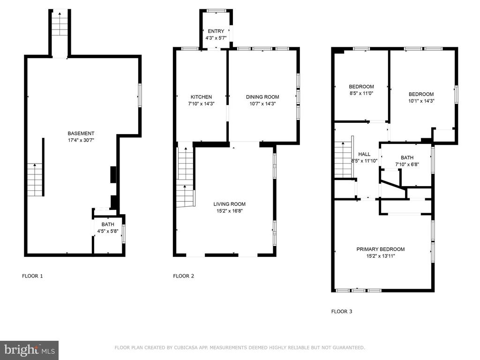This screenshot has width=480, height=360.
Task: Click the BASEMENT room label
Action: pos(81,134)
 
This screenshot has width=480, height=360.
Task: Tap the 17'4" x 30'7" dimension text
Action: pos(81,140)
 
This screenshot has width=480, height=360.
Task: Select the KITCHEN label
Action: pos(201,97)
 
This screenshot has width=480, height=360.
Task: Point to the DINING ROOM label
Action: pos(262,97)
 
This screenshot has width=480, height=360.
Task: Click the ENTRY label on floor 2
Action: pos(216,31)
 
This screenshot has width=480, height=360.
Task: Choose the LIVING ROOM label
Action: pos(230,204)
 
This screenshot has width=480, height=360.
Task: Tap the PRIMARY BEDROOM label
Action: pos(381,249)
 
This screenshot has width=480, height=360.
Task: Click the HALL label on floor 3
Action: pos(364,154)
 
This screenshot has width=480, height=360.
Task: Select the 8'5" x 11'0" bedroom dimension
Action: pos(361,93)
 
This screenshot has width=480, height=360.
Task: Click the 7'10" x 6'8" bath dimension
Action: pos(407,165)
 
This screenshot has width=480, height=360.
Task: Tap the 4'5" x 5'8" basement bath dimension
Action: pos(108,231)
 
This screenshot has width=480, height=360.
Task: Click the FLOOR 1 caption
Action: pos(32,276)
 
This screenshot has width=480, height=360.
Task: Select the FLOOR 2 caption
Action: pos(184,276)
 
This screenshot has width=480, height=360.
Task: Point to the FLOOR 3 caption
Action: pos(342,312)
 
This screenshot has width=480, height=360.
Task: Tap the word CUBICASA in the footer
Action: pos(186,348)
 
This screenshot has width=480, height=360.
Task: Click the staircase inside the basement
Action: pos(36,180)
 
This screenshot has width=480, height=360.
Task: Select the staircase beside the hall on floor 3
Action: pos(344,159)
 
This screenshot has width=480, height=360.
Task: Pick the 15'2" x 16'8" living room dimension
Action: pos(230,211)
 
